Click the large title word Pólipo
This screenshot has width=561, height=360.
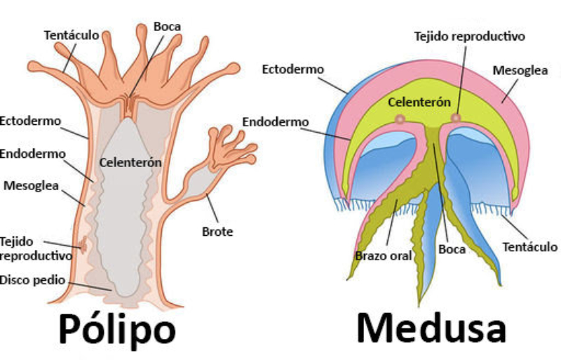pos(116,328)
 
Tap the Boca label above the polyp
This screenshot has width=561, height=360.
pos(167,27)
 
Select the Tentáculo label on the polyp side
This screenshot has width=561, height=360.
pos(71,34)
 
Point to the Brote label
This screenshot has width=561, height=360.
pos(218,232)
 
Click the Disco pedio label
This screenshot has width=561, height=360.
pos(32,280)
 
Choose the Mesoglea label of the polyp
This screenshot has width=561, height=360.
pos(31,186)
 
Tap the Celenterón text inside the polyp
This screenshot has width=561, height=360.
pos(130,162)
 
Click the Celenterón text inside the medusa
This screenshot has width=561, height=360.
pos(419,102)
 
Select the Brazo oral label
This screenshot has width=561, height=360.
pos(383,255)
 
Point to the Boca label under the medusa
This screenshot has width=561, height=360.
pos(452,249)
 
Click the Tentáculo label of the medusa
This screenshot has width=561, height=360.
pos(529,246)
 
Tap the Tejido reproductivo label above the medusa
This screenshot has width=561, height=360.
pos(468,36)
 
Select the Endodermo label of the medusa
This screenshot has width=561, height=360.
pos(276,121)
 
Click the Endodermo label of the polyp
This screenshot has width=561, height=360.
pos(32,154)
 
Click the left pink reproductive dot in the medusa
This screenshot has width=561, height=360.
pos(400,120)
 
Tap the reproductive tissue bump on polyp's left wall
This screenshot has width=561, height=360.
pos(82,246)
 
